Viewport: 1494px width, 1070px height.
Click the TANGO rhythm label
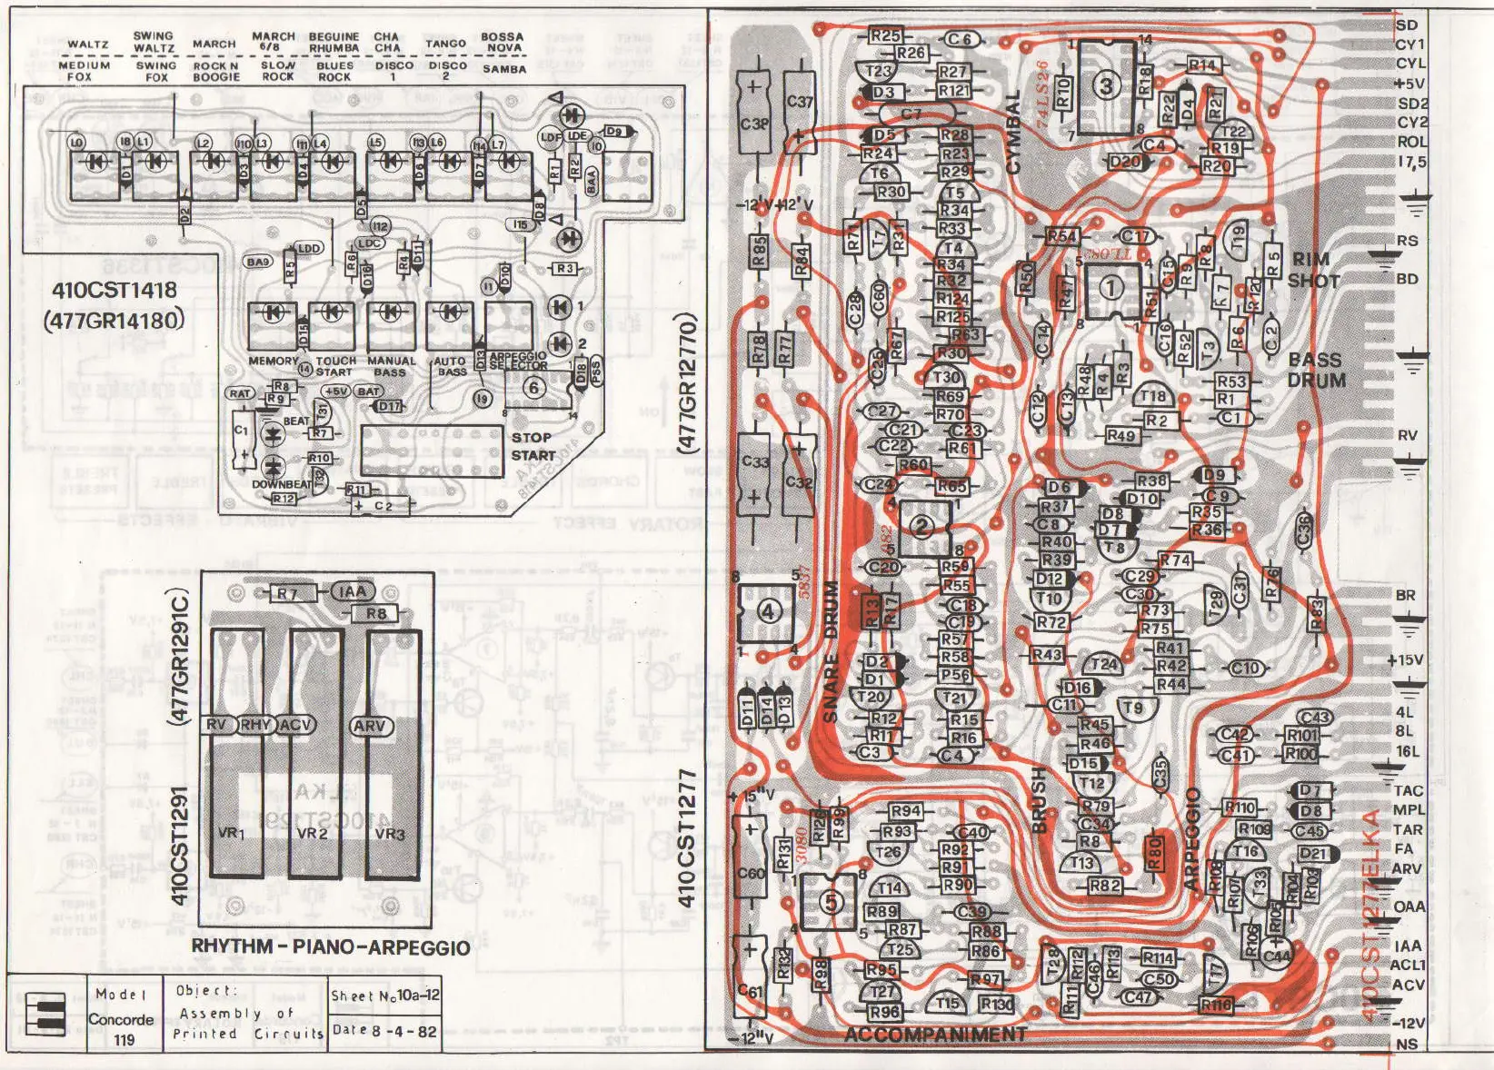(x=445, y=43)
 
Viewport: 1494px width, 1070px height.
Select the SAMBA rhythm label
(x=504, y=69)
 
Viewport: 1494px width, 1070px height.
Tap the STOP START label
(x=533, y=446)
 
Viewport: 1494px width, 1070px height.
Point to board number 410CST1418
(x=115, y=291)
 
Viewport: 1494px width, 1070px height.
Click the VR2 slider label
(x=312, y=833)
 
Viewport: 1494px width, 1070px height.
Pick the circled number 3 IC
(x=1105, y=86)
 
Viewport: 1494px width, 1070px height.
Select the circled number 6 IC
(x=533, y=388)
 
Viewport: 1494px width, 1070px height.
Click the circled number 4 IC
(x=769, y=611)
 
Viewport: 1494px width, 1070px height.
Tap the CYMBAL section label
(x=1012, y=133)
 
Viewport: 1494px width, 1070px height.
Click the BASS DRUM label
(x=1315, y=370)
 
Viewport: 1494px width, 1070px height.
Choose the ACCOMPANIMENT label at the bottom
(x=935, y=1035)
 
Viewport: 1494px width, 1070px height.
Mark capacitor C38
(x=753, y=123)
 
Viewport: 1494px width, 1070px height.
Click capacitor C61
(x=750, y=991)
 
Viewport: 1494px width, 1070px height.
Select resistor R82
(x=1104, y=885)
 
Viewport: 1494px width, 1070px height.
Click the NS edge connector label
(x=1407, y=1044)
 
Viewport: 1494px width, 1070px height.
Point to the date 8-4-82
(x=384, y=1031)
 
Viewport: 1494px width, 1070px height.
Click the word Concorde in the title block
(x=121, y=1019)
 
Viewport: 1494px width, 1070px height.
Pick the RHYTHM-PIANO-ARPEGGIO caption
(x=331, y=947)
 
